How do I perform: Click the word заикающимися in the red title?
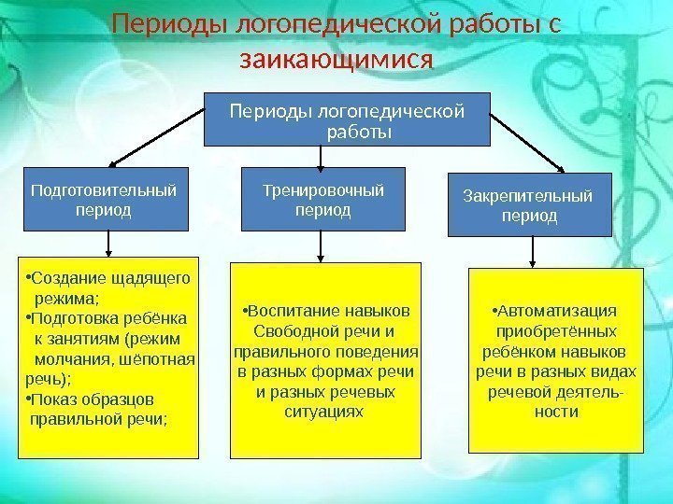pos(336,61)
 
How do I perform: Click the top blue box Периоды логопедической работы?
pos(347,120)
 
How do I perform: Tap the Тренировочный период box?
pos(323,200)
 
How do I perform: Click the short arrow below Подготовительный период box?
pos(110,244)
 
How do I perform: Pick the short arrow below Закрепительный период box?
pos(533,252)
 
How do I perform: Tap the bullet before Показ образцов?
pos(28,399)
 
